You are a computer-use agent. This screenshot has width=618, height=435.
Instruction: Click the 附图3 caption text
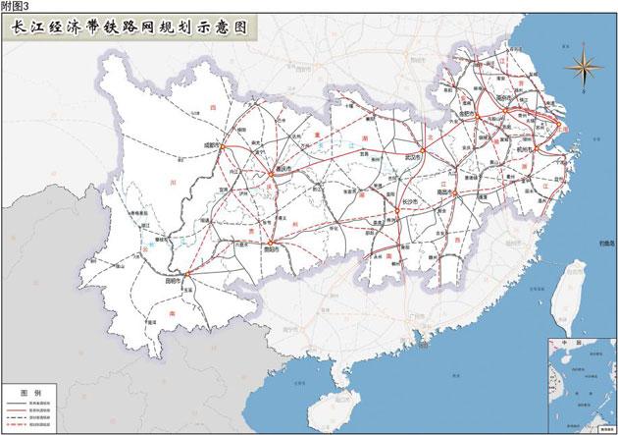[15, 6]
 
